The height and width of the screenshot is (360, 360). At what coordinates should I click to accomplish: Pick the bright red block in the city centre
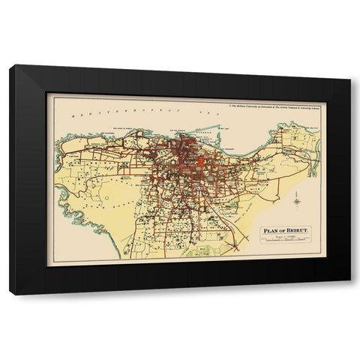(201, 162)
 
